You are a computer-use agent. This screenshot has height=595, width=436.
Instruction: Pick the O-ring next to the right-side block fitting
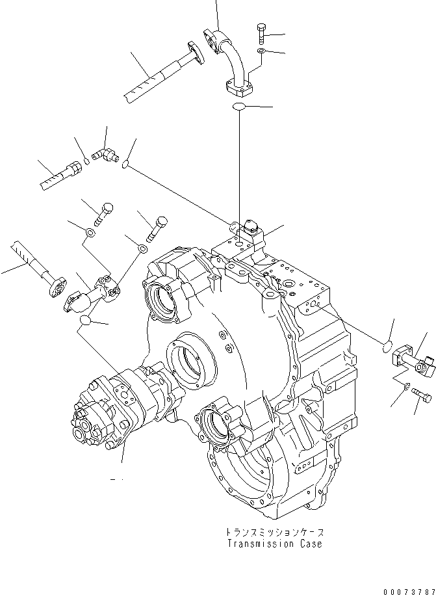pyautogui.click(x=383, y=345)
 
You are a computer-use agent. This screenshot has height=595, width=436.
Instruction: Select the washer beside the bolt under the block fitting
pyautogui.click(x=406, y=388)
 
